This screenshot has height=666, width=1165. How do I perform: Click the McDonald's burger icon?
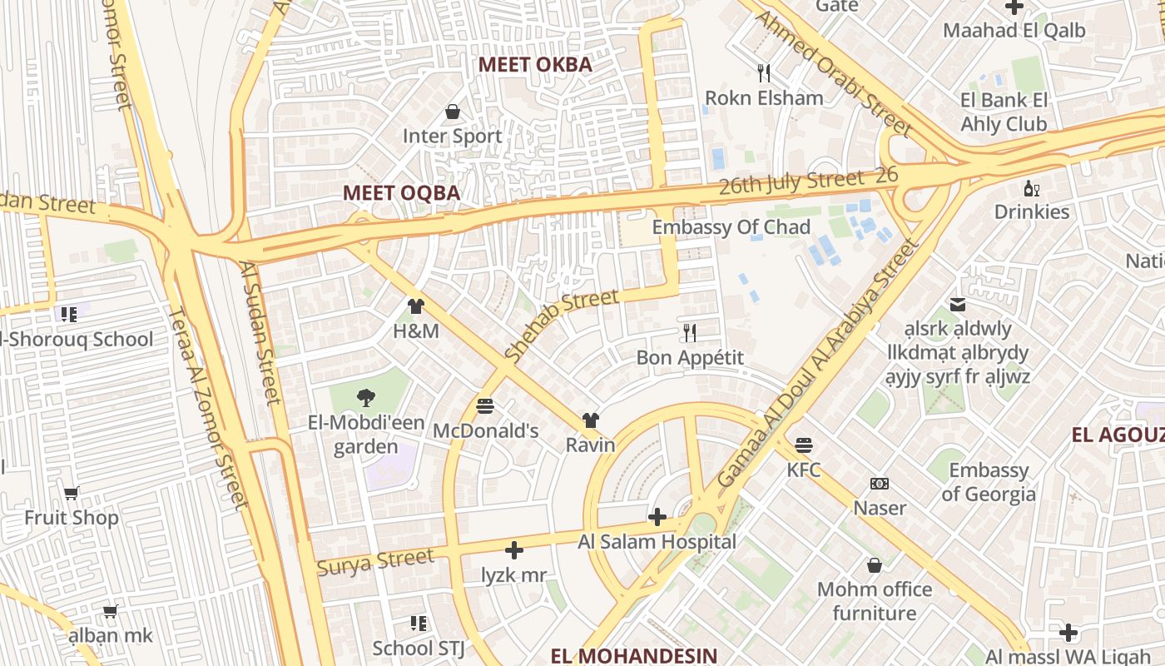(x=485, y=406)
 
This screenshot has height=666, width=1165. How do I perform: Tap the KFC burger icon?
(x=803, y=445)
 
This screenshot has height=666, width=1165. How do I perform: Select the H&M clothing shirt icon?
(x=416, y=306)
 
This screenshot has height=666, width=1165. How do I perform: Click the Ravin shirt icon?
(x=590, y=420)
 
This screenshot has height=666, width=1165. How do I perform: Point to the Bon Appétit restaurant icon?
(x=689, y=333)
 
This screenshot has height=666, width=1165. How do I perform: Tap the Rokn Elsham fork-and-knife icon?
(x=764, y=73)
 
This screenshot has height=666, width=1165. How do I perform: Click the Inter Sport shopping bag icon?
(x=453, y=112)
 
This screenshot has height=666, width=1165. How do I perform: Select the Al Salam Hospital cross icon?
(x=657, y=518)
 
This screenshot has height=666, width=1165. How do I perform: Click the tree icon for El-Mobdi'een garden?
(x=365, y=398)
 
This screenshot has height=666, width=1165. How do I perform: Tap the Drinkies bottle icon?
(x=1031, y=188)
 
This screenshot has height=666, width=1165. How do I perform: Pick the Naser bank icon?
(x=879, y=484)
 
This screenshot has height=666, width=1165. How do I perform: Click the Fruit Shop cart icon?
(x=72, y=494)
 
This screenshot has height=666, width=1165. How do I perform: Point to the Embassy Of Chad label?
(x=731, y=227)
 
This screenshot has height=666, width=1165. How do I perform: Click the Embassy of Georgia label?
(x=989, y=482)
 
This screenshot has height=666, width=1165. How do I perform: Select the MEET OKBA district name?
(x=535, y=65)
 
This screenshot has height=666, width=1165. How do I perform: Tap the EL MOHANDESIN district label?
(x=633, y=655)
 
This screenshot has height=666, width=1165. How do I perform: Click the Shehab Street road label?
(x=562, y=324)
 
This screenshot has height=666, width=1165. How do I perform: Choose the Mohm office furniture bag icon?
(x=874, y=565)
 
